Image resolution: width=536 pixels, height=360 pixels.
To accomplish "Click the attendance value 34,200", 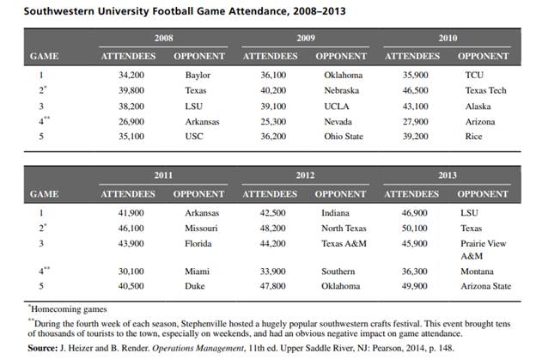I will point(130,75).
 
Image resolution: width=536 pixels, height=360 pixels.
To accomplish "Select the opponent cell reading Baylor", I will point(198,75).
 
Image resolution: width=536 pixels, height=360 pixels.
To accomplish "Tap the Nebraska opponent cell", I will point(343,90).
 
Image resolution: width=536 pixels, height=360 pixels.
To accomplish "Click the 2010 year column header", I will point(447,39).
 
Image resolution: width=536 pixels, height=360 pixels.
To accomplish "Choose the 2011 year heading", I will point(163,175).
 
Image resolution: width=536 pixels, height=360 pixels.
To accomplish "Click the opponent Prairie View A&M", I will point(485,249).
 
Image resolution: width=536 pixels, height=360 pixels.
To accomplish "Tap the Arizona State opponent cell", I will point(488,286).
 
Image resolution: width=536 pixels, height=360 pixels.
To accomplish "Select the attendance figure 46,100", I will point(130,228).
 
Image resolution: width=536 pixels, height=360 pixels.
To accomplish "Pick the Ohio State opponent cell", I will point(344,137).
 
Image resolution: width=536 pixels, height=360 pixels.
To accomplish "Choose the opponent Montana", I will point(482,271).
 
